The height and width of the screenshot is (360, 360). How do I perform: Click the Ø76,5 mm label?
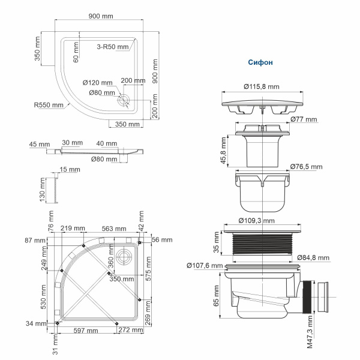pyautogui.click(x=306, y=166)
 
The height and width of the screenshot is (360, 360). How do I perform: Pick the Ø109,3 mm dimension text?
pyautogui.click(x=262, y=220)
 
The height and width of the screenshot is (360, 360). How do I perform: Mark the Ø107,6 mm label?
pyautogui.click(x=205, y=265)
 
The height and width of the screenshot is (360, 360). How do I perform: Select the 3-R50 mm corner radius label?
pyautogui.click(x=113, y=46)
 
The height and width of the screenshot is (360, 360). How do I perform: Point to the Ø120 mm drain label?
pyautogui.click(x=97, y=82)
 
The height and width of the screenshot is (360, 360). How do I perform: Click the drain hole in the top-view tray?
pyautogui.click(x=126, y=100)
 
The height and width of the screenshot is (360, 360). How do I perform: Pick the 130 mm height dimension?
pyautogui.click(x=43, y=191)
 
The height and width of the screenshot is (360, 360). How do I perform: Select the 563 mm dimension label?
pyautogui.click(x=113, y=229)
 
